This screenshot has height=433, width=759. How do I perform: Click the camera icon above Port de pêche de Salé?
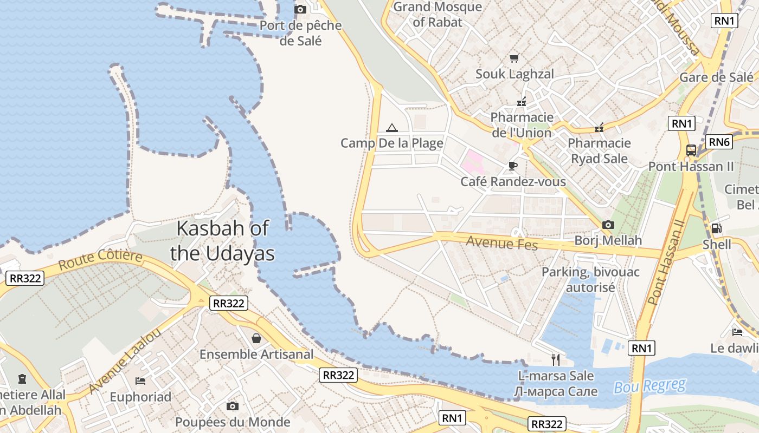pos(300,9)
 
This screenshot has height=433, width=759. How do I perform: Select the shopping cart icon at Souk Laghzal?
pos(514,58)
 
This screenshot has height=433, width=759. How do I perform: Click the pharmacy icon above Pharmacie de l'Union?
pos(522,101)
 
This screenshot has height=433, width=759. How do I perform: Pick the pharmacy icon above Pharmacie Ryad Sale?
pos(599,128)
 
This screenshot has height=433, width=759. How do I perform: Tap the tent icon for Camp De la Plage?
pos(391,128)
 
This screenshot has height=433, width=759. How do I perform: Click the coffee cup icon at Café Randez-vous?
pos(512,166)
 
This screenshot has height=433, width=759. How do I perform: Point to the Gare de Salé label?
pos(716,77)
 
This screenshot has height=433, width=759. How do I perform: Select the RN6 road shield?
pos(719,142)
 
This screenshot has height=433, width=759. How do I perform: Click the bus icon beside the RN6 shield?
pos(691,150)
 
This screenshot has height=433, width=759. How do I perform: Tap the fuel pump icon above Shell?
pos(716,228)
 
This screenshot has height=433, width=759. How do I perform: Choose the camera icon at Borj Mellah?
pos(608,225)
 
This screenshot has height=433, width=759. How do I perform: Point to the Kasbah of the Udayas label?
pos(222,241)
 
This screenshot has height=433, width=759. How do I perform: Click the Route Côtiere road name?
pos(100,260)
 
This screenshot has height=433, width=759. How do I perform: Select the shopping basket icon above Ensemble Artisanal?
pos(256,338)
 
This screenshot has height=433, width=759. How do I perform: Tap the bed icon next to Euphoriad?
pos(140,380)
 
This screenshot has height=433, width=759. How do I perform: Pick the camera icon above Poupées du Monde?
pos(233,406)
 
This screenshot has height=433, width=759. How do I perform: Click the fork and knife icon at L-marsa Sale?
pos(555,359)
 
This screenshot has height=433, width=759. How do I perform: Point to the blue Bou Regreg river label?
pos(649,386)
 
